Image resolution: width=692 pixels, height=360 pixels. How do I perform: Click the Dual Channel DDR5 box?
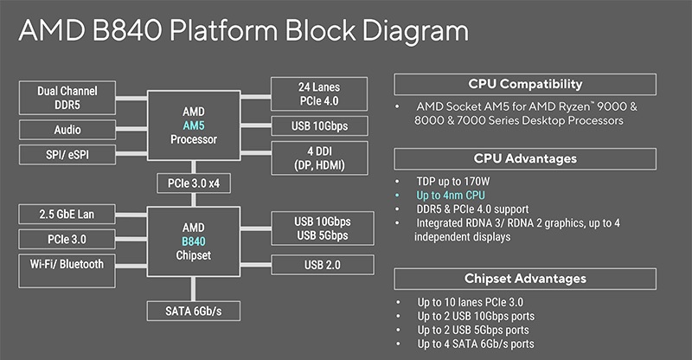point(67,98)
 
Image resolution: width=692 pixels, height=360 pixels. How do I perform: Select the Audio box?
point(67,130)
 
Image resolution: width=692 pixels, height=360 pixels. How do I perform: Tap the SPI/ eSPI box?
point(67,155)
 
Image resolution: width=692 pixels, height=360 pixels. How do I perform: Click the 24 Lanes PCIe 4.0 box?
point(319,93)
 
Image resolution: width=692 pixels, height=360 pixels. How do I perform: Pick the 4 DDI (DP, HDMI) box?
point(319,158)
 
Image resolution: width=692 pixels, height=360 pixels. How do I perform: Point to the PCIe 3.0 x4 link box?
point(193,183)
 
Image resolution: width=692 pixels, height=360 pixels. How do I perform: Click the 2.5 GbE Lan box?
point(67,215)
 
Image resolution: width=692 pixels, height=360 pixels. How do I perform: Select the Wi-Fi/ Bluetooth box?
point(67,271)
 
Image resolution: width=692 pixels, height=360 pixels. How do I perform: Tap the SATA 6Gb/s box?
point(193,311)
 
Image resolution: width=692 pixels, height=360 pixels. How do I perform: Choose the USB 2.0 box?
point(323,265)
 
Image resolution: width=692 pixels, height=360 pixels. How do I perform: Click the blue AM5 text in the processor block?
point(194,125)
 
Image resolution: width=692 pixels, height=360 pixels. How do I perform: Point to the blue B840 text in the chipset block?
point(194,241)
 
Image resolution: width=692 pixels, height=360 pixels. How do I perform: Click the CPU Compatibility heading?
point(525,84)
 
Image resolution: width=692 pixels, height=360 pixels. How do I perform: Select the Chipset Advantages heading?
point(525,279)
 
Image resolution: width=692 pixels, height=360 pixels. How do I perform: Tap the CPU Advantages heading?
point(525,158)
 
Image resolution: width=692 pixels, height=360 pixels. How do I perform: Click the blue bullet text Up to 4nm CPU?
point(451,196)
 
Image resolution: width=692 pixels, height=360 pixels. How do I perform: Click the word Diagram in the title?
point(415,32)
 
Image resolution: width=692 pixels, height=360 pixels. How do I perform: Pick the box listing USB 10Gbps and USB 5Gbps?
point(323,228)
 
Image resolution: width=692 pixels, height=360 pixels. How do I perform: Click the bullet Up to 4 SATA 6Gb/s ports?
point(476,344)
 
